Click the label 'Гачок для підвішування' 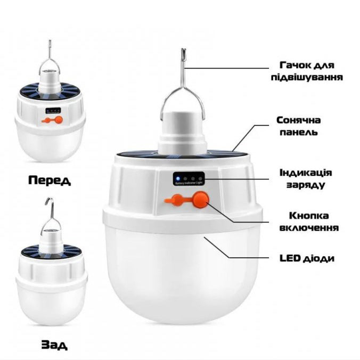coord(310,71)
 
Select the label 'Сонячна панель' coord(298,126)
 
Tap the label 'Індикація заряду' coord(306,179)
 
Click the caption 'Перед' coord(50,180)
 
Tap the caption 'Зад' coord(54,345)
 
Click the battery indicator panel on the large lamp coord(189,178)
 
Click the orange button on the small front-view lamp coord(58,120)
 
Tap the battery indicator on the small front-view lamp coord(53,111)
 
